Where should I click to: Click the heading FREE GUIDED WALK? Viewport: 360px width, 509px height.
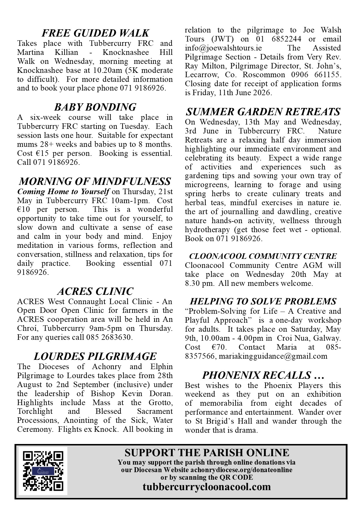(95, 33)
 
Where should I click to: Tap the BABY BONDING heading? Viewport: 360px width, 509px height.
(95, 107)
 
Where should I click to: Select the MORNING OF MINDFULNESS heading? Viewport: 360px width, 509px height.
(95, 181)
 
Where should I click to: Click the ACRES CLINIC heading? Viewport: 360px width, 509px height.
(95, 291)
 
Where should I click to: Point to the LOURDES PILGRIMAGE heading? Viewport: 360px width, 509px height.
(95, 356)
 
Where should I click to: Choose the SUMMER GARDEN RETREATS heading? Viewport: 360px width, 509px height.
(263, 112)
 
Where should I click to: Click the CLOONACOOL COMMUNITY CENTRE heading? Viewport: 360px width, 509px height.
(263, 256)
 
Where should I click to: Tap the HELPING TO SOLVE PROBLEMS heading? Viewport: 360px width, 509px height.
(263, 301)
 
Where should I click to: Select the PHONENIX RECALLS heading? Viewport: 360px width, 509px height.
(263, 375)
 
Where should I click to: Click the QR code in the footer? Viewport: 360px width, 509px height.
(43, 471)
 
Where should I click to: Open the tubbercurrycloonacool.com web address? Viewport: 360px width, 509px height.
(207, 487)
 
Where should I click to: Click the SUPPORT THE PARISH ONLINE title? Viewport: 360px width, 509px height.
(207, 453)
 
